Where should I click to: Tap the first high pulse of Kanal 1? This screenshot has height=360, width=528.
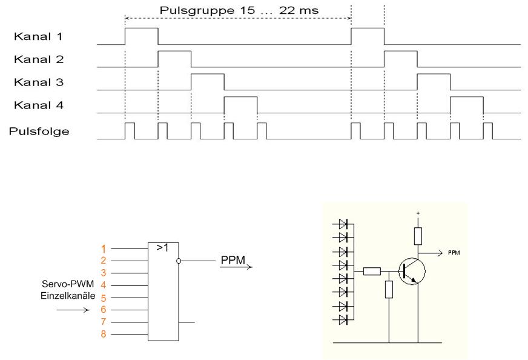click(x=141, y=36)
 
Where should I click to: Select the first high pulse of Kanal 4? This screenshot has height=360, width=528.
click(x=240, y=104)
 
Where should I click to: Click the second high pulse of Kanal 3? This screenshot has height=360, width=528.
click(x=434, y=82)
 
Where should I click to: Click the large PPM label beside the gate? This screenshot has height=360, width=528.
click(x=233, y=260)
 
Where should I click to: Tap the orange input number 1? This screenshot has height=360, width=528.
click(x=103, y=248)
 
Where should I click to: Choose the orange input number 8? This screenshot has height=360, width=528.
click(x=103, y=334)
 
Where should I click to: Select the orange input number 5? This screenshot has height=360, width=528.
click(x=103, y=298)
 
